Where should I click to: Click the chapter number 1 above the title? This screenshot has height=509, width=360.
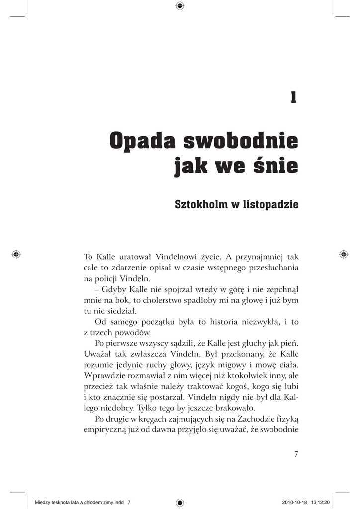294,98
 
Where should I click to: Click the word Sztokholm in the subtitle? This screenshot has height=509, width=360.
198,204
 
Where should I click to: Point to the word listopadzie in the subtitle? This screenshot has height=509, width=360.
270,204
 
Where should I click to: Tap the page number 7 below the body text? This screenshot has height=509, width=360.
296,454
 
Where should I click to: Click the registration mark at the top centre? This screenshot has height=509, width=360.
180,6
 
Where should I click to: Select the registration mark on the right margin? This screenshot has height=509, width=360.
343,254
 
